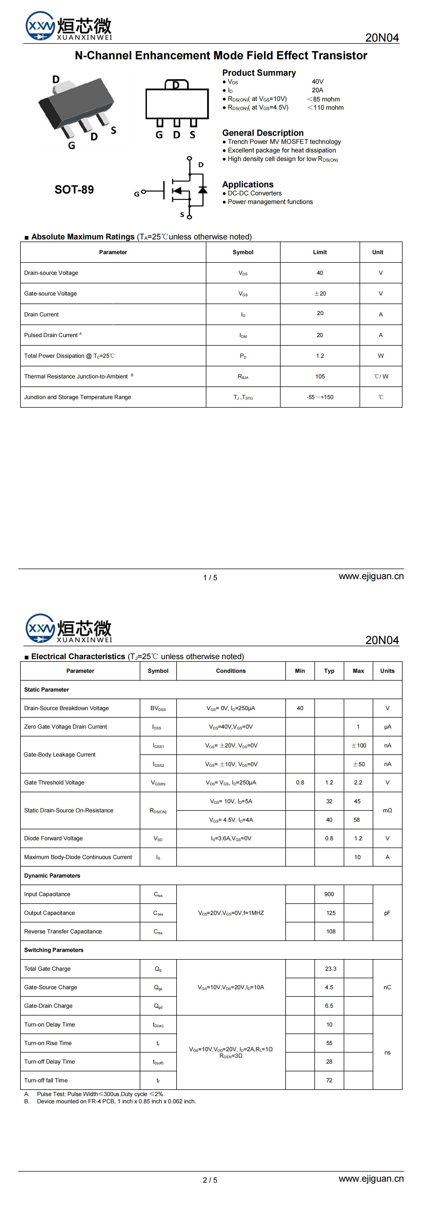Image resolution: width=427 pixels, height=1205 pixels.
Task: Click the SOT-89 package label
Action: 74,189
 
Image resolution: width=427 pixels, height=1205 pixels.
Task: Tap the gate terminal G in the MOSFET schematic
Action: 137,193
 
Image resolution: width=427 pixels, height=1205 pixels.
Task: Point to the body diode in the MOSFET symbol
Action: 203,190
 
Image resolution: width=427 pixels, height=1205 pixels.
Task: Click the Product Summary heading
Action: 259,73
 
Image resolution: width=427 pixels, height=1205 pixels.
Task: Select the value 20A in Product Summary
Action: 317,90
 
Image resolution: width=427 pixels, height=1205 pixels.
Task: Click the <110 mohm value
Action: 325,108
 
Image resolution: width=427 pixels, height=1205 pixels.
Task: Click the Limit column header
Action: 320,252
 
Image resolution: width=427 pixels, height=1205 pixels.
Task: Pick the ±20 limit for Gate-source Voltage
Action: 320,294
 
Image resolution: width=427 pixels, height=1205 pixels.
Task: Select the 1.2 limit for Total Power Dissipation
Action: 320,356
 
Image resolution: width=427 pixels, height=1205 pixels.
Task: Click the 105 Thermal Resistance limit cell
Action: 320,377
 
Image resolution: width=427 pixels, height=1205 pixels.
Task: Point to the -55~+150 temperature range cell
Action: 320,397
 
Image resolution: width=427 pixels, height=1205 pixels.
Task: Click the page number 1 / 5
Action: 210,578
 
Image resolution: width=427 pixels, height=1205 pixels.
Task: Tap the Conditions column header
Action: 231,671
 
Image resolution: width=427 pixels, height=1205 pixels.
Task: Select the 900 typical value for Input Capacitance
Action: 329,894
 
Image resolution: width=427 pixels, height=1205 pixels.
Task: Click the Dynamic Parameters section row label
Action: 52,876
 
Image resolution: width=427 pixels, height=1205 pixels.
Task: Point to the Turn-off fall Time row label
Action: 46,1080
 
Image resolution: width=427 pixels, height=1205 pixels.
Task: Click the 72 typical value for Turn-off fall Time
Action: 329,1080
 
